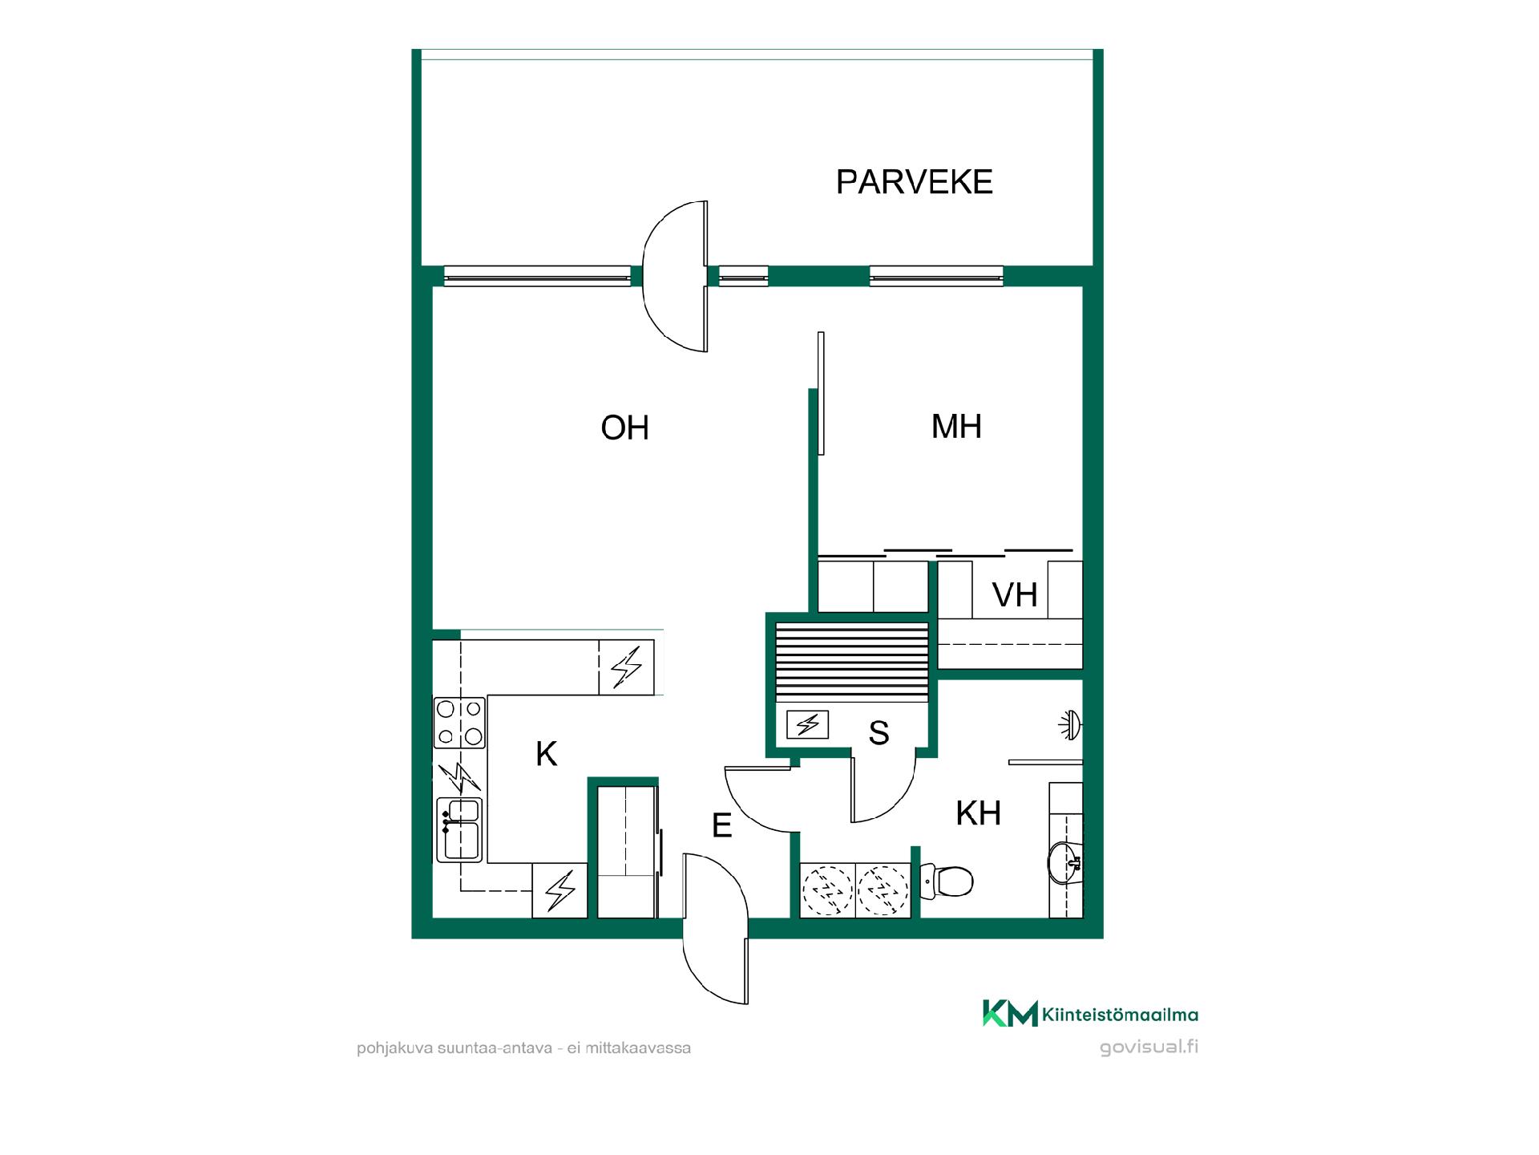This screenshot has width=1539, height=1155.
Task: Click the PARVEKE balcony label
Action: [914, 182]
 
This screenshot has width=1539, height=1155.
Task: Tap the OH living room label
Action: [624, 428]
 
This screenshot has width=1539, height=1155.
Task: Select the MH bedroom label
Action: [956, 426]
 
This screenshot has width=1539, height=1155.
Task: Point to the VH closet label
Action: [1015, 595]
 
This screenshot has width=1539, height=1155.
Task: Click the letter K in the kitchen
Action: [546, 754]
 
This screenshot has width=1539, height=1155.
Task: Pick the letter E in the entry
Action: [722, 825]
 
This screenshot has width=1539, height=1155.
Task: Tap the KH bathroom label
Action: [978, 813]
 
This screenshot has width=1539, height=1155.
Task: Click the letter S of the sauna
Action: [879, 732]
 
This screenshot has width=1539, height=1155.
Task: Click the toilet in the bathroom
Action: [947, 881]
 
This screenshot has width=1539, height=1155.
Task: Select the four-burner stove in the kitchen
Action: [459, 722]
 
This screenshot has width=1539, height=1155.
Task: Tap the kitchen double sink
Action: [459, 829]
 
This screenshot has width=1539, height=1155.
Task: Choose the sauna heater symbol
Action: [808, 725]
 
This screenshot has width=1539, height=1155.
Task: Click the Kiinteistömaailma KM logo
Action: [1090, 1014]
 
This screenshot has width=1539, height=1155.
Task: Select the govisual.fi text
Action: [1149, 1048]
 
